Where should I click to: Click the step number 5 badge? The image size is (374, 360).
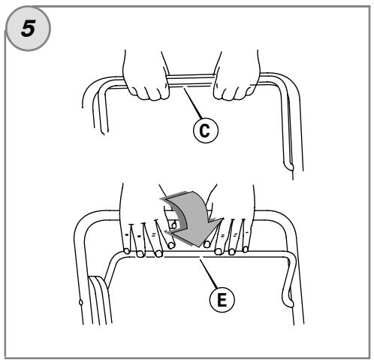point(28,29)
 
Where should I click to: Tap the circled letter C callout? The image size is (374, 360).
point(206,130)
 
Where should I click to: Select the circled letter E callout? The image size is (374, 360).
point(222,299)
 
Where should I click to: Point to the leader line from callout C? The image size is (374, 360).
point(193,103)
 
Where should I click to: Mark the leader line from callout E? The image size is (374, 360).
point(208,274)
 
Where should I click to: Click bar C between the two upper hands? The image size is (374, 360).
point(192,80)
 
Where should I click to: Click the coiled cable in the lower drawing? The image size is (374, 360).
point(99,299)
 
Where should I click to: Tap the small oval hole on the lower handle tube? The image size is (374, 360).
point(80,302)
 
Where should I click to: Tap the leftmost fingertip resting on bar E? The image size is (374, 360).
point(127,251)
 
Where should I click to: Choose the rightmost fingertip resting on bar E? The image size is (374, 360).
point(246,250)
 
